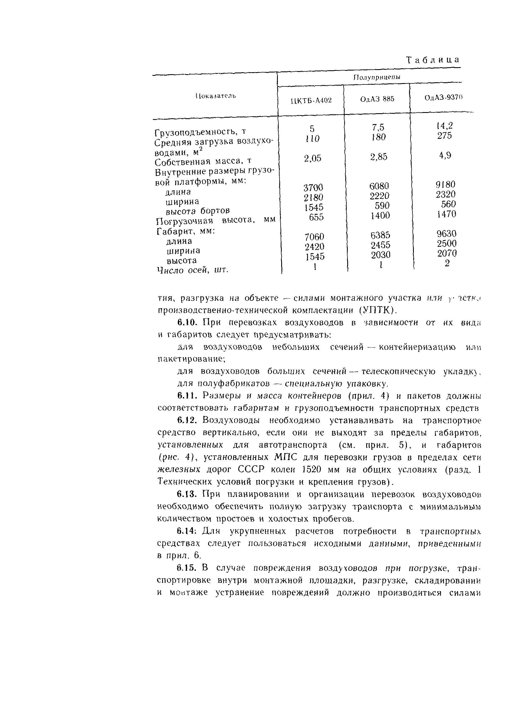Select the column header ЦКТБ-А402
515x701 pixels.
(x=311, y=100)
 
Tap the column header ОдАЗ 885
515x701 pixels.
(x=377, y=99)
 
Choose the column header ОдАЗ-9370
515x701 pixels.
(x=443, y=98)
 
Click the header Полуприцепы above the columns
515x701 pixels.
(x=376, y=77)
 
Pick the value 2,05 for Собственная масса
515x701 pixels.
(x=313, y=159)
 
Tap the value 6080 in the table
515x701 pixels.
(x=379, y=186)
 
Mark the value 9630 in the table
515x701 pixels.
(x=446, y=234)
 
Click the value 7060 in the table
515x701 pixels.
(x=314, y=237)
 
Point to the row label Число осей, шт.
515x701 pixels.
(x=192, y=270)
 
